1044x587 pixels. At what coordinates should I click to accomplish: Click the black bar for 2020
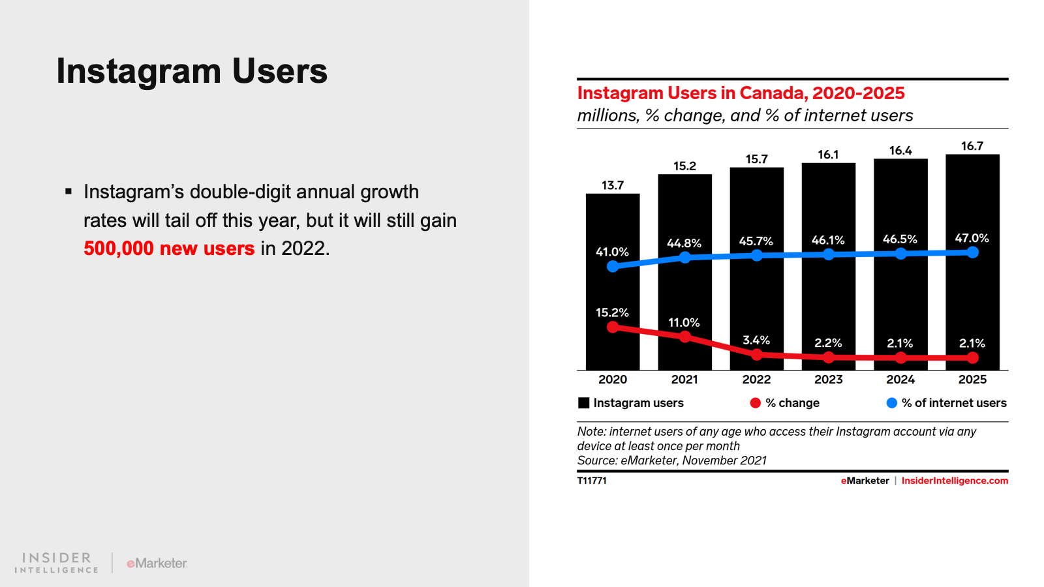[612, 287]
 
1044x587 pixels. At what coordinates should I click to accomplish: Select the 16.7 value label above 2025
[972, 146]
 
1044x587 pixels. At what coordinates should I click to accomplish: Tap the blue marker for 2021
[684, 258]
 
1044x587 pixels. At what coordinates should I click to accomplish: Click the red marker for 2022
[756, 355]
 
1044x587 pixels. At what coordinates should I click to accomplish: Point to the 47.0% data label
[972, 238]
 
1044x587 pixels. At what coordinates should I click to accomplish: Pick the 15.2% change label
[612, 312]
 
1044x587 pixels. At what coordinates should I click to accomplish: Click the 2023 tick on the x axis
[828, 380]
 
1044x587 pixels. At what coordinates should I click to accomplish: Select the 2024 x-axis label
[900, 380]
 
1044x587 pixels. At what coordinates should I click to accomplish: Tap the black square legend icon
[583, 403]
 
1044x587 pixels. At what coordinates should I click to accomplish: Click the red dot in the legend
[755, 403]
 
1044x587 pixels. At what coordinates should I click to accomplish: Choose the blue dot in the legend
[891, 403]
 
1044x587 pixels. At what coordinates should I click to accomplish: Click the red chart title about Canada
[741, 93]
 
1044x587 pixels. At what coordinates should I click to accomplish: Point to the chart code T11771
[592, 481]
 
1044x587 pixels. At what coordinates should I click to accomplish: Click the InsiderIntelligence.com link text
[955, 481]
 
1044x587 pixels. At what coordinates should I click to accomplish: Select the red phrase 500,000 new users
[169, 248]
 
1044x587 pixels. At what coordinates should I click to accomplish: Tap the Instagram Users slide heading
[192, 71]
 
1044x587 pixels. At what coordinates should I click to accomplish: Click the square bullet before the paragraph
[69, 192]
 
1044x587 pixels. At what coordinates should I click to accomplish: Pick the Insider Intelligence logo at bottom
[57, 563]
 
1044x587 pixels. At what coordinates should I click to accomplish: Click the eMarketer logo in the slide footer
[157, 563]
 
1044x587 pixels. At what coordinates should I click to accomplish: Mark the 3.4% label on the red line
[756, 340]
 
